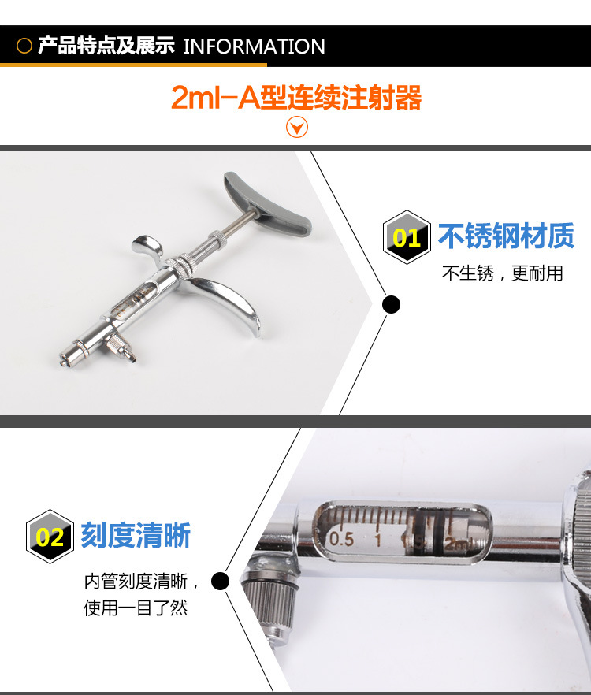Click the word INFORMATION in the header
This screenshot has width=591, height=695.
[254, 46]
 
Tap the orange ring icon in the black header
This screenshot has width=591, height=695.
[24, 46]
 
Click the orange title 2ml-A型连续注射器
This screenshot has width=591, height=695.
[295, 97]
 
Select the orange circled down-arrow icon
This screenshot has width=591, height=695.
[296, 127]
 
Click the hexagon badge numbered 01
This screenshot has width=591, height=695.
[407, 237]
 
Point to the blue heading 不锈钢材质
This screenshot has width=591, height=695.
[506, 236]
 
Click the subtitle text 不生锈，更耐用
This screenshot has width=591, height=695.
[502, 273]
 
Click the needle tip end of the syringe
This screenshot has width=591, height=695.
[63, 363]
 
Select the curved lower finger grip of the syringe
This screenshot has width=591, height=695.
[231, 301]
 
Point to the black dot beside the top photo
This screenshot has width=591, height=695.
[391, 304]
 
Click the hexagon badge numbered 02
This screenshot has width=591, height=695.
[50, 537]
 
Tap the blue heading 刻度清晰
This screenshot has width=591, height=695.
[136, 536]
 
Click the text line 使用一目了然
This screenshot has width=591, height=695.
[136, 608]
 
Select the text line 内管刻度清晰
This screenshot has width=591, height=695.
[136, 581]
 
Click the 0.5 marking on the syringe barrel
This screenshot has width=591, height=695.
[341, 539]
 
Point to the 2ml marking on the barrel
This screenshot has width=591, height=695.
[458, 544]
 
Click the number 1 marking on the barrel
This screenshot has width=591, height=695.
[377, 541]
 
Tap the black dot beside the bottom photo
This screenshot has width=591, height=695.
[220, 581]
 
